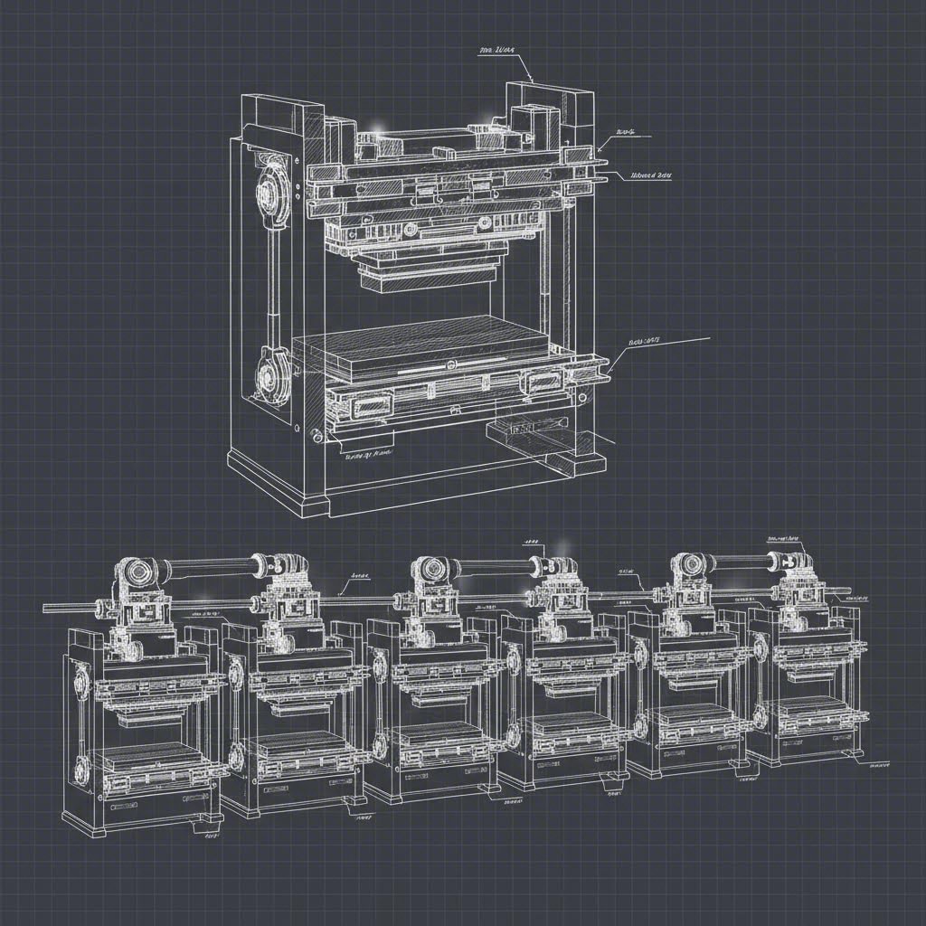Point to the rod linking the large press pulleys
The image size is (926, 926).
(271, 280)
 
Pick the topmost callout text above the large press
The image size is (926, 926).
(496, 53)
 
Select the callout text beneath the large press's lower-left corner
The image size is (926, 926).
(368, 454)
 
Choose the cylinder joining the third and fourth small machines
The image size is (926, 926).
(493, 567)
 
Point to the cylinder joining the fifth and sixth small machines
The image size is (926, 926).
(742, 562)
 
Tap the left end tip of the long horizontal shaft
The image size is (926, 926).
(44, 609)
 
